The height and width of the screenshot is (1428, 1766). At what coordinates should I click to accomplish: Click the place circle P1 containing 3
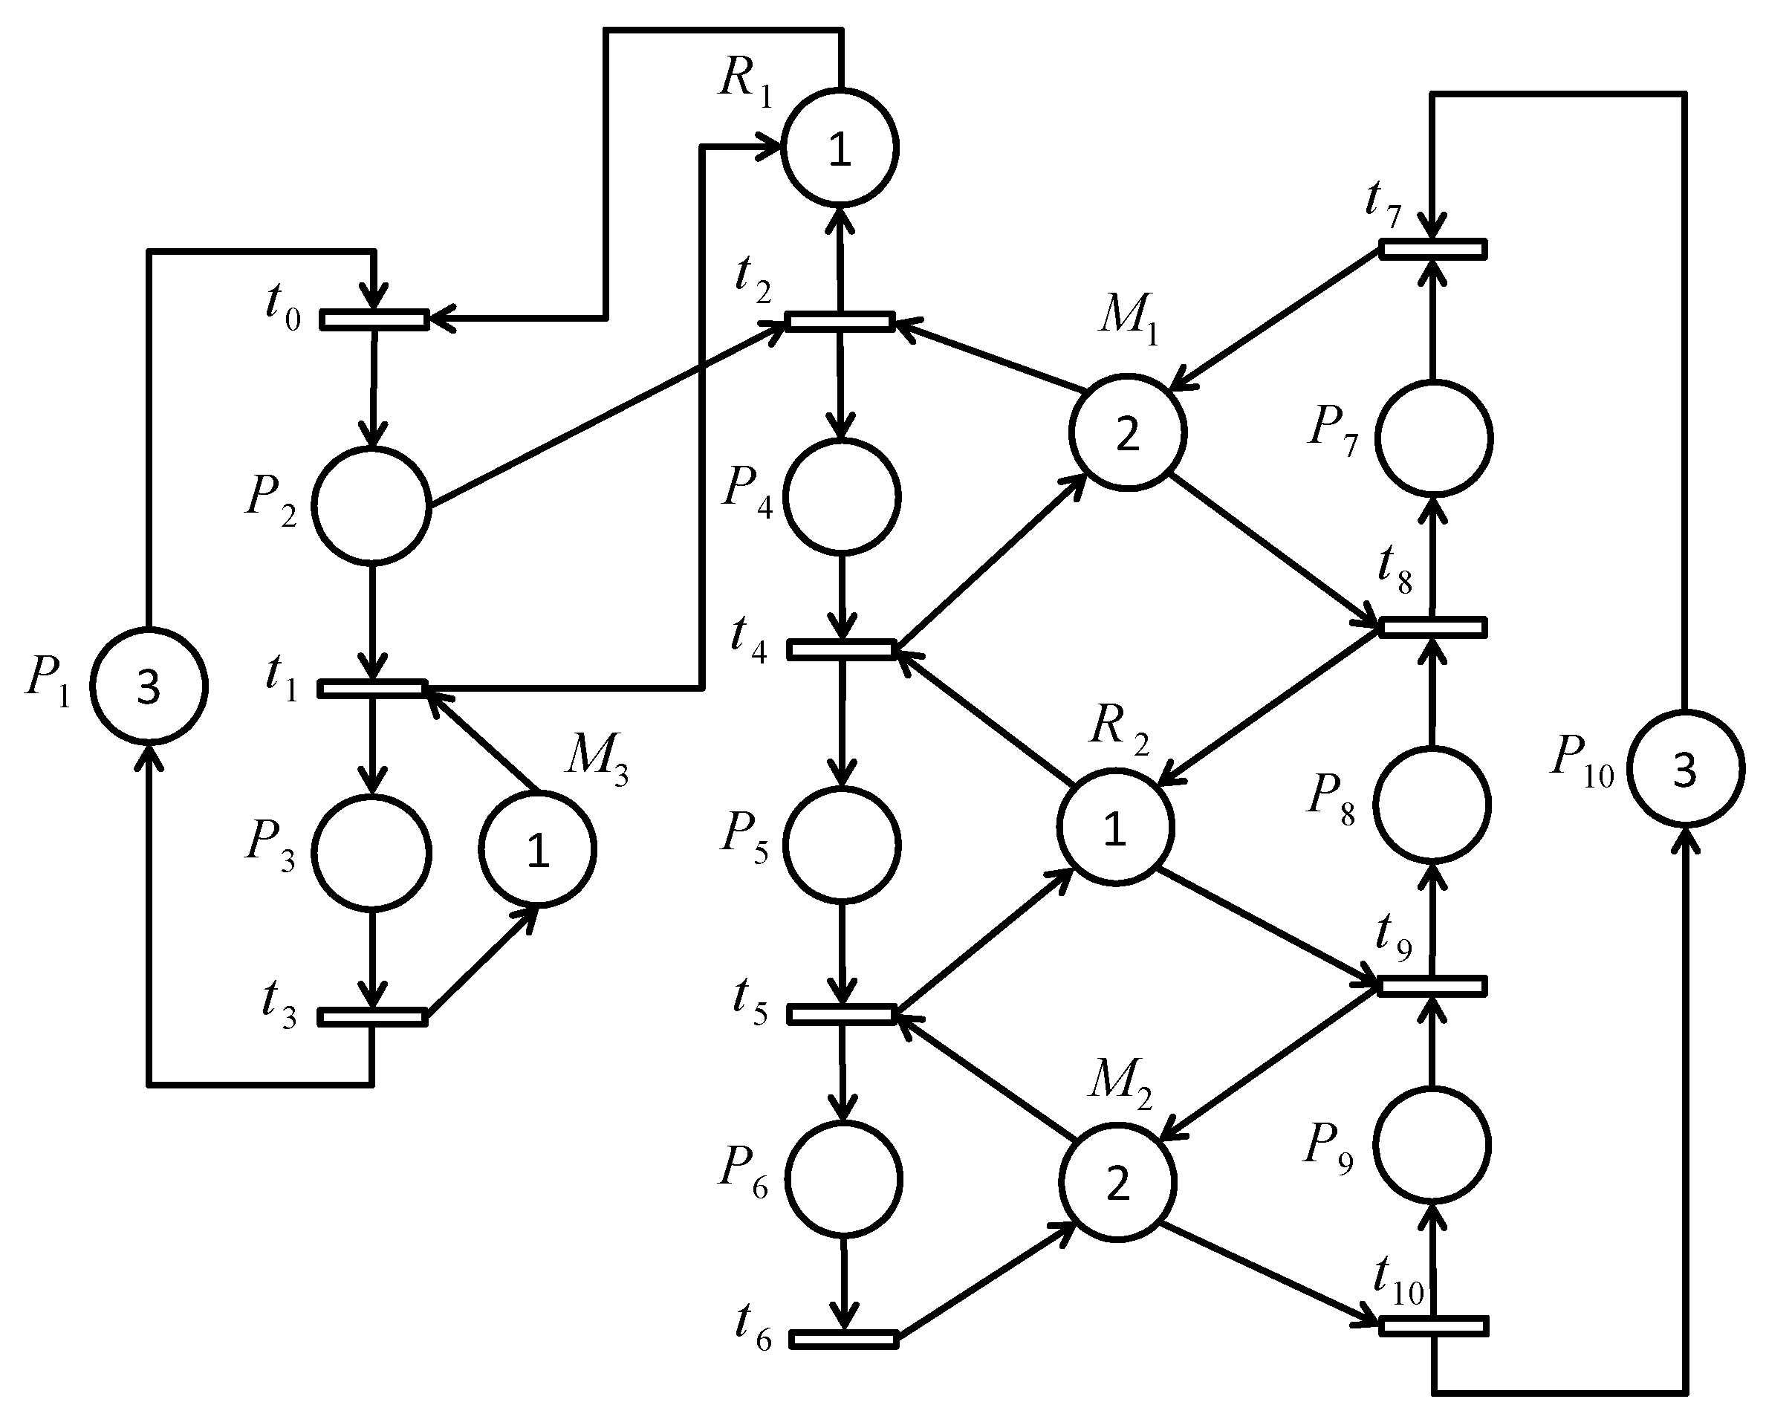point(148,686)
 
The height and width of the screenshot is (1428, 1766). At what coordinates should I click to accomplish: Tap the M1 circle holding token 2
point(1127,432)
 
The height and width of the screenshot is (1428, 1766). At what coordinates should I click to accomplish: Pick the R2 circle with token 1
point(1114,828)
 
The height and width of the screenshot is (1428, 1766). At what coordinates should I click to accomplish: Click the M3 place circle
point(537,849)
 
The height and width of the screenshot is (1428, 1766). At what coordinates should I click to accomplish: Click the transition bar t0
point(374,319)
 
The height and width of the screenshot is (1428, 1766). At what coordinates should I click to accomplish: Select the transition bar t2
point(839,320)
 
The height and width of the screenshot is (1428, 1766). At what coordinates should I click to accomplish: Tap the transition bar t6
point(843,1339)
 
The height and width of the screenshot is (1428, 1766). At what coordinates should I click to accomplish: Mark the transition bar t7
point(1433,248)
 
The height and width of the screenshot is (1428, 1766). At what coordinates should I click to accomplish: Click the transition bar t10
point(1433,1326)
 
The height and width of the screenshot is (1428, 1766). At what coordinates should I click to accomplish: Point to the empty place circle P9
point(1433,1145)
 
